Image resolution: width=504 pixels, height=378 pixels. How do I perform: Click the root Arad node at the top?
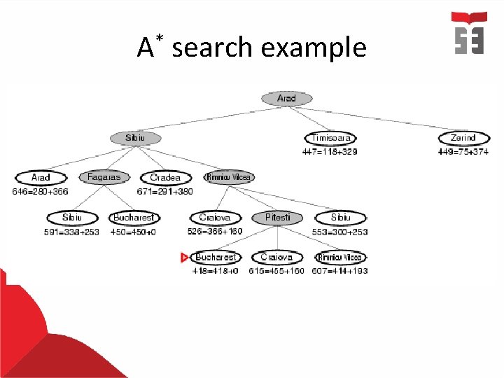pyautogui.click(x=286, y=99)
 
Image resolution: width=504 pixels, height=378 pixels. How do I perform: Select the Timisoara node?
pyautogui.click(x=330, y=139)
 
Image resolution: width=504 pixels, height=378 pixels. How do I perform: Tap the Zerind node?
pyautogui.click(x=463, y=139)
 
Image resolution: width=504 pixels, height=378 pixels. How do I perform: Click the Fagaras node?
pyautogui.click(x=104, y=178)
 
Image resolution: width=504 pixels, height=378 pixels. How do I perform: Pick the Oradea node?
pyautogui.click(x=165, y=178)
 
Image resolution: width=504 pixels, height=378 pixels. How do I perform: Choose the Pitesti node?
pyautogui.click(x=278, y=218)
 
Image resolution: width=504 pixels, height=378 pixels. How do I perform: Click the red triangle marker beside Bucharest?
pyautogui.click(x=185, y=258)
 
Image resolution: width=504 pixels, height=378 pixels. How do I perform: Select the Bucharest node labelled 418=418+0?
pyautogui.click(x=216, y=258)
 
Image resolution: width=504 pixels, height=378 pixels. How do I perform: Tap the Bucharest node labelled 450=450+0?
pyautogui.click(x=134, y=218)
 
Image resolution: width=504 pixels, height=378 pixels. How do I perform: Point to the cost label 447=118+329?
pyautogui.click(x=330, y=151)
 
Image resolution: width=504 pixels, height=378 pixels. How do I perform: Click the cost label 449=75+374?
pyautogui.click(x=463, y=151)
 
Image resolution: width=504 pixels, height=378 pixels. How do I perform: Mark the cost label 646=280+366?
pyautogui.click(x=40, y=191)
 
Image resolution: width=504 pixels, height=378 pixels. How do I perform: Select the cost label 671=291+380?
pyautogui.click(x=164, y=191)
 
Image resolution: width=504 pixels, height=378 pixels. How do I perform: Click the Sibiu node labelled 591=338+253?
pyautogui.click(x=71, y=218)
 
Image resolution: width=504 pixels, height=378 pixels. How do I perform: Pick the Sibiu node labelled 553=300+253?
pyautogui.click(x=340, y=218)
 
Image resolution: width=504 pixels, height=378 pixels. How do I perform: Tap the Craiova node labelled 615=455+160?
pyautogui.click(x=276, y=258)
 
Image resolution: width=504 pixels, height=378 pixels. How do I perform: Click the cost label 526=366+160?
pyautogui.click(x=215, y=231)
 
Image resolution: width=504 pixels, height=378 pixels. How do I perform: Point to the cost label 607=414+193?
pyautogui.click(x=339, y=271)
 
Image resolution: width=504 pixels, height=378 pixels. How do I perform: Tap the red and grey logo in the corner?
pyautogui.click(x=469, y=33)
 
